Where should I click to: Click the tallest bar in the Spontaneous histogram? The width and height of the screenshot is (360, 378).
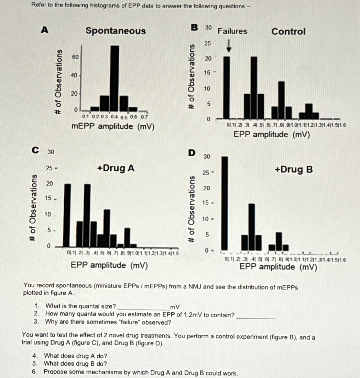(x=115, y=77)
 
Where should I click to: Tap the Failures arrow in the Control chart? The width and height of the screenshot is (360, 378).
(x=229, y=46)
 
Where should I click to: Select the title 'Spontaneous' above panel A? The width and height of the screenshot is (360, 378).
(x=116, y=31)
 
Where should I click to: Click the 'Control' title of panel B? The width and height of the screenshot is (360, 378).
(x=288, y=32)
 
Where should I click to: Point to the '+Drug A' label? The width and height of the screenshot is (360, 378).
(x=116, y=169)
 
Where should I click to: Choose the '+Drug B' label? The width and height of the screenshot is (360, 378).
(x=294, y=169)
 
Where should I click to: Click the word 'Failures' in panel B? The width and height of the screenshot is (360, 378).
(x=232, y=31)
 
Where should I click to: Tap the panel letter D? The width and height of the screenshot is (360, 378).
(x=192, y=152)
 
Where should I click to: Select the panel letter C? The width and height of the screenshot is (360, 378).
(x=34, y=150)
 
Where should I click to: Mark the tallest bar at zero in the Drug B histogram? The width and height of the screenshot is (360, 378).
(x=225, y=203)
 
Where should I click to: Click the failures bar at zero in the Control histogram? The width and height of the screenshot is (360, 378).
(x=226, y=87)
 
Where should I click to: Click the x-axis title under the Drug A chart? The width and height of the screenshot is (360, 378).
(x=109, y=265)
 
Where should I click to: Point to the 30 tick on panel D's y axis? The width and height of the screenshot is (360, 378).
(x=207, y=157)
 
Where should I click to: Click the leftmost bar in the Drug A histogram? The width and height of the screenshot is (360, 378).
(x=67, y=216)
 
